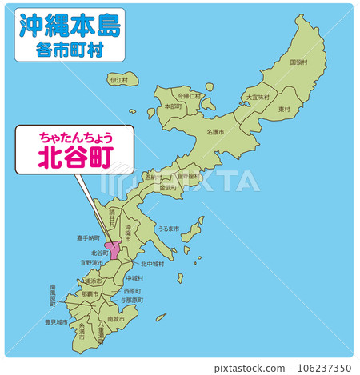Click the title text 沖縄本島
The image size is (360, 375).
point(70,26)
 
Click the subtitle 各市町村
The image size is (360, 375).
point(70,50)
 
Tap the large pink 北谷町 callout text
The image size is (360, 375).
point(76,157)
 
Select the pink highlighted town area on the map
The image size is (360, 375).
point(114,249)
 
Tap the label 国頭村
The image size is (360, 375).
point(299,62)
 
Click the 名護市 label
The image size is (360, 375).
point(215,131)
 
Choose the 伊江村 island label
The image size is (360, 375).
point(118,80)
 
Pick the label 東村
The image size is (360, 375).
point(284,109)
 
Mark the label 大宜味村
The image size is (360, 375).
point(258,97)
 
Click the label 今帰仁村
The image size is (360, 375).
point(190,95)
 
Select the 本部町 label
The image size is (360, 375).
point(172,106)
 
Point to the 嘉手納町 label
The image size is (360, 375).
point(88,237)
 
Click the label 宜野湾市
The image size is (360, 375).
point(91,262)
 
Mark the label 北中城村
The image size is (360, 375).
point(153,263)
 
